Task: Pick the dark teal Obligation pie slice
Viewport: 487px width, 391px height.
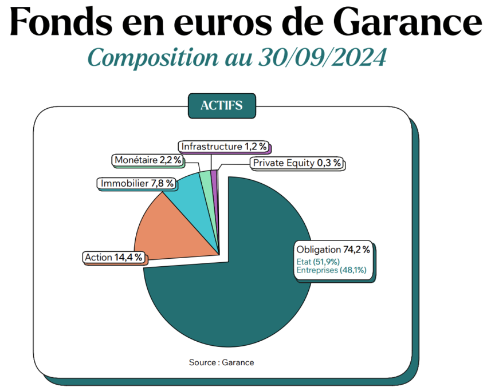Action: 241,298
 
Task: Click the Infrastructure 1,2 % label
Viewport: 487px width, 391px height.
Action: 224,147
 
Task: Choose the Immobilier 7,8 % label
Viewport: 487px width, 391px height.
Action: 137,184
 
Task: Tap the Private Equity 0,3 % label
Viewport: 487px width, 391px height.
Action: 297,163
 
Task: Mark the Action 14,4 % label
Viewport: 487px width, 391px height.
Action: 113,257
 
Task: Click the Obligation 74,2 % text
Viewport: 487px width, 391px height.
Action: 333,250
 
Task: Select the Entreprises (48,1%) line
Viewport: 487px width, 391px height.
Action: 331,270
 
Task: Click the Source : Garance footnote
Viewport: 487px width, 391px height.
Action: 221,362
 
